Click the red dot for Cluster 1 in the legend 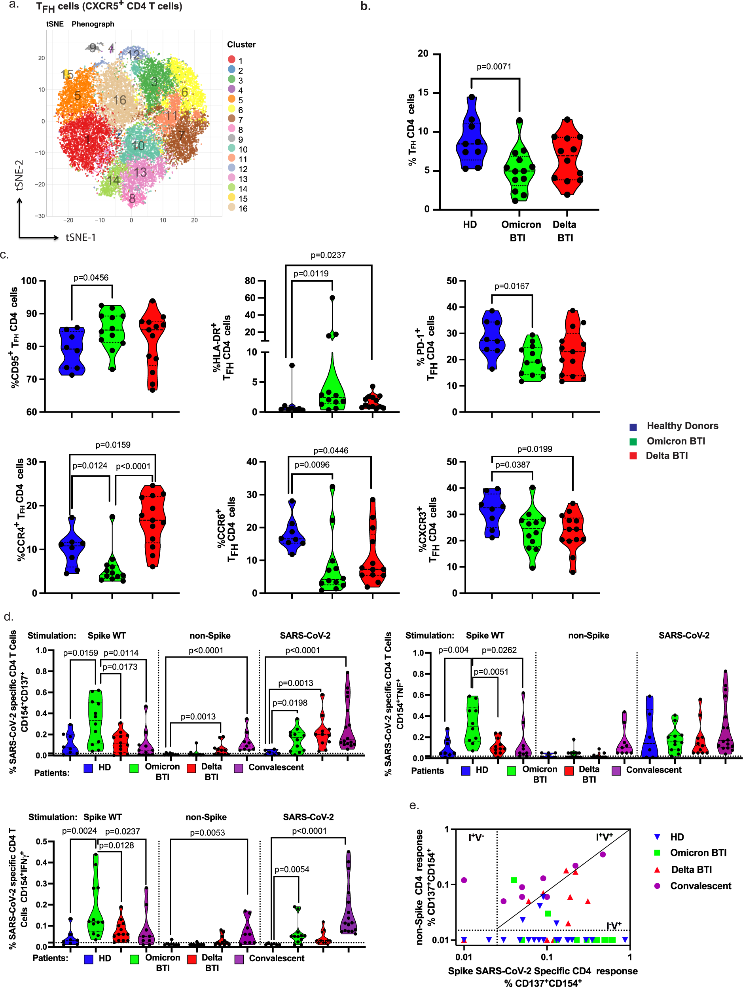tap(231, 60)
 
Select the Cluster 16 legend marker tap(231, 207)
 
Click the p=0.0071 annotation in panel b tap(494, 67)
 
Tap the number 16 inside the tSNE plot tap(119, 100)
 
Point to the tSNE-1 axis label tap(81, 238)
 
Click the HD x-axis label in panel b tap(470, 224)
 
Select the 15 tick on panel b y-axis tap(423, 93)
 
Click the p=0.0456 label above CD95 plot tap(91, 278)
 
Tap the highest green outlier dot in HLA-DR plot tap(332, 298)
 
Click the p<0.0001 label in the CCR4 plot tap(133, 466)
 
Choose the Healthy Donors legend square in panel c tap(633, 426)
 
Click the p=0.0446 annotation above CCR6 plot tap(330, 451)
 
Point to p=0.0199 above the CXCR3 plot tap(534, 449)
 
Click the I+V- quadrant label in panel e tap(476, 837)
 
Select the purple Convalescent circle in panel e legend tap(657, 886)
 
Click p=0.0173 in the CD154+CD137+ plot tap(120, 667)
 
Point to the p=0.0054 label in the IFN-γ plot tap(292, 869)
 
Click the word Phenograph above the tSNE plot tap(93, 24)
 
